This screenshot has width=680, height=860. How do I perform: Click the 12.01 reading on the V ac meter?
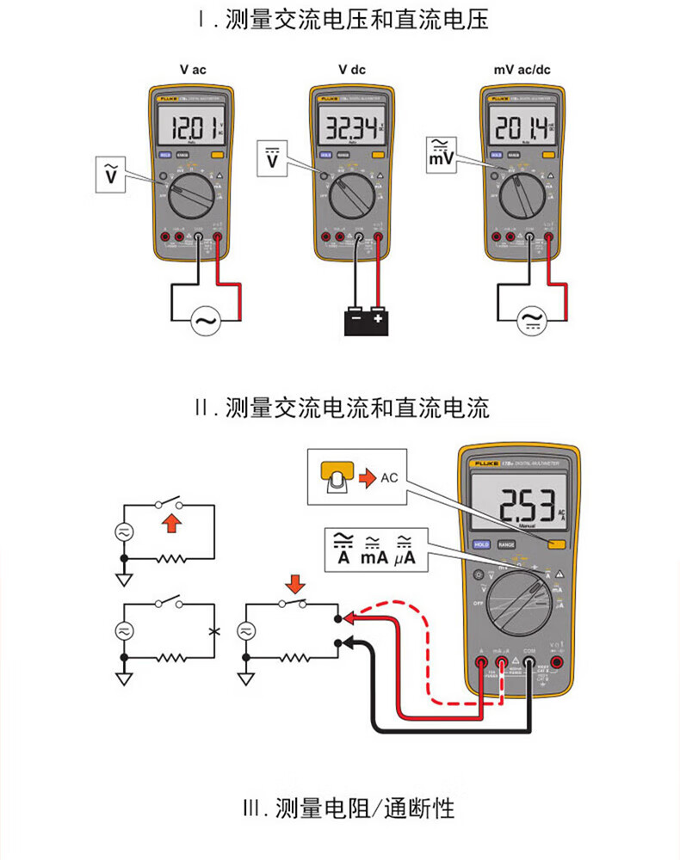[195, 129]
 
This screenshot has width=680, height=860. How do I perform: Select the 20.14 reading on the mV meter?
[520, 129]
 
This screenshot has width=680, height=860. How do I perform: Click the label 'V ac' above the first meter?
[193, 70]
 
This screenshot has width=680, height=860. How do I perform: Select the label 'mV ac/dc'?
[522, 70]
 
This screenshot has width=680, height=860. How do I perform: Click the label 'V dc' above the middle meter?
[351, 70]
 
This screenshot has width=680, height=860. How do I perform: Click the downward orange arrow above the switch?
[295, 585]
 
